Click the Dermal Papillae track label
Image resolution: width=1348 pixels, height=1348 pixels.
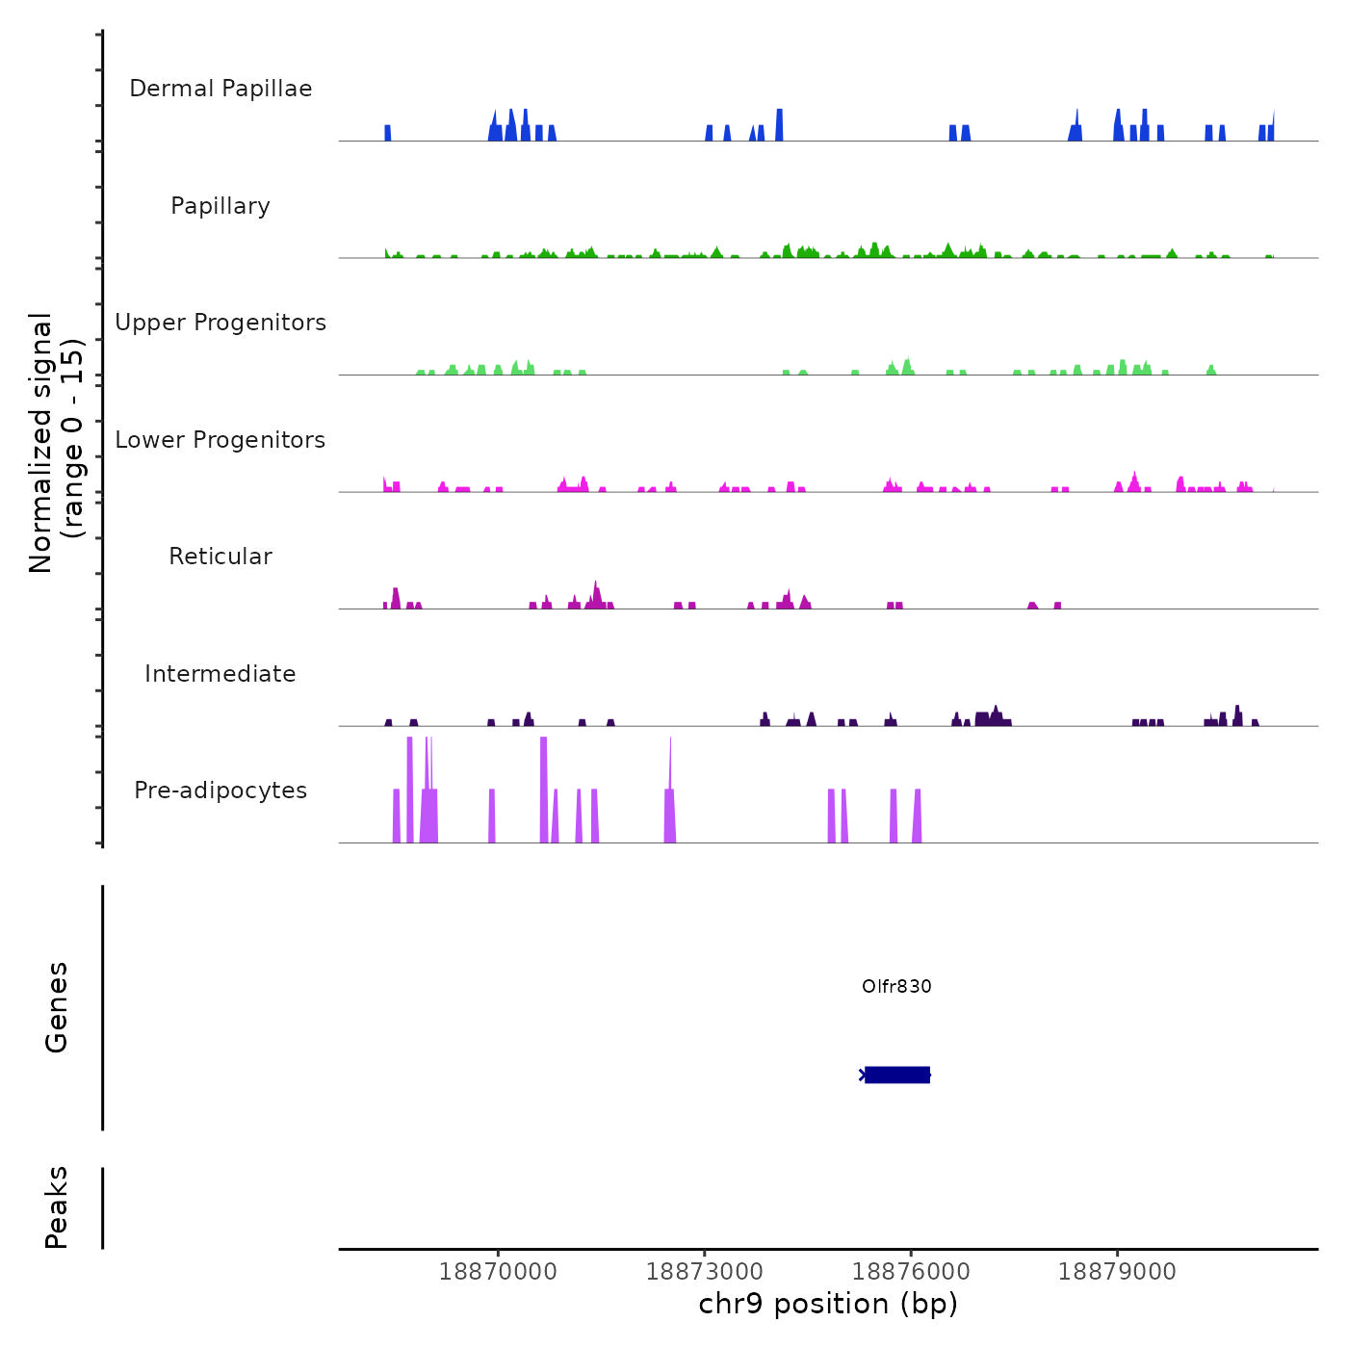coord(220,89)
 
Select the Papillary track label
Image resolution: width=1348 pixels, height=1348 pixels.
coord(220,206)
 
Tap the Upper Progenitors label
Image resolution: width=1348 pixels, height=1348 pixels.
coord(220,323)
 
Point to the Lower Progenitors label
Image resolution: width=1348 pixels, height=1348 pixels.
coord(220,440)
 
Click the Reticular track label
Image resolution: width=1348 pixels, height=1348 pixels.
coord(220,557)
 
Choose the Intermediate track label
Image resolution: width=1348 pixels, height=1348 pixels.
coord(220,674)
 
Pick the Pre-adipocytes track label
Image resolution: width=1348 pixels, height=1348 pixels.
coord(220,791)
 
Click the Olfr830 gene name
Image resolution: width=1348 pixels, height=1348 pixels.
coord(896,986)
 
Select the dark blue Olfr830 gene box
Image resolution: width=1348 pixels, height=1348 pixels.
coord(897,1075)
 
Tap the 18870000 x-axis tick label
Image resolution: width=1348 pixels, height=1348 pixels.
coord(498,1271)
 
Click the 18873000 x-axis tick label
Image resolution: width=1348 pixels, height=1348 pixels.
coord(705,1271)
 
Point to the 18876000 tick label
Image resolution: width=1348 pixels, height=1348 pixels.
coord(911,1271)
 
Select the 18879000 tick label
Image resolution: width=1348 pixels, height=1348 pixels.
coord(1117,1271)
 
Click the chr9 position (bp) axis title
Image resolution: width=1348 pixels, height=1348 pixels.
coord(828,1304)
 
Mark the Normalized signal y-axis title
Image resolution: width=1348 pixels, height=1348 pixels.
coord(56,443)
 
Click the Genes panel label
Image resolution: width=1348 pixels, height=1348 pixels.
coord(57,1007)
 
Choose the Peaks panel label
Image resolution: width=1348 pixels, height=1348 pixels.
coord(57,1207)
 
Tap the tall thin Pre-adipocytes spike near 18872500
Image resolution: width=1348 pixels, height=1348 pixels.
coord(670,790)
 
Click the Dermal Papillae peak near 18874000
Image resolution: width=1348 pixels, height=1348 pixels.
coord(779,125)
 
